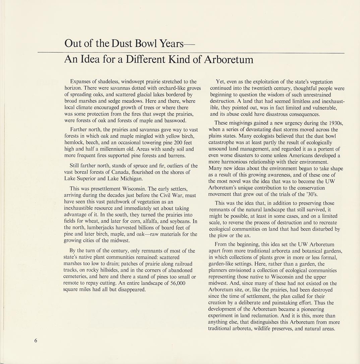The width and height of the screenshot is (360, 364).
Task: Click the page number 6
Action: click(x=36, y=341)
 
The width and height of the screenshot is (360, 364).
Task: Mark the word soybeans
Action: click(x=180, y=221)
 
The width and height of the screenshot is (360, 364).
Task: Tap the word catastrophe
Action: click(x=222, y=142)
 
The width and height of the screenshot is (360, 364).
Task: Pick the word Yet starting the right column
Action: click(x=220, y=82)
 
